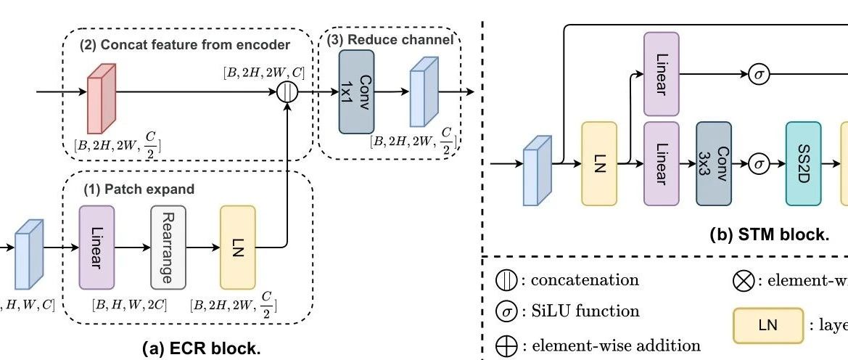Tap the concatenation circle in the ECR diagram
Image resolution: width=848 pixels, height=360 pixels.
tap(288, 93)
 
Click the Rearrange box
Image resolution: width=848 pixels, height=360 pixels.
tap(168, 247)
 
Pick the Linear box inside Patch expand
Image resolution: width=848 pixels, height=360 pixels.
tap(96, 247)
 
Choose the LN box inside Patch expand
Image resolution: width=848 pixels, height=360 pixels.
tap(238, 247)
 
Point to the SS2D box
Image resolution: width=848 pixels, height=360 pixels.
tap(804, 163)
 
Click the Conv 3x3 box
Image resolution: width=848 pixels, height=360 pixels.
tap(714, 163)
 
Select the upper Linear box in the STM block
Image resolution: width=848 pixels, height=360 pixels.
tap(662, 73)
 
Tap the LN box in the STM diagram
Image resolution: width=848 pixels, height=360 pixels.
tap(599, 163)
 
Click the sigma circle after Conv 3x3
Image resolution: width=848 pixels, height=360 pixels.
tap(759, 163)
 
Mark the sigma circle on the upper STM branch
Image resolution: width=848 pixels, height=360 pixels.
tap(759, 74)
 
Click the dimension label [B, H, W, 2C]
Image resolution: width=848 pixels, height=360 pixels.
tap(129, 304)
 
